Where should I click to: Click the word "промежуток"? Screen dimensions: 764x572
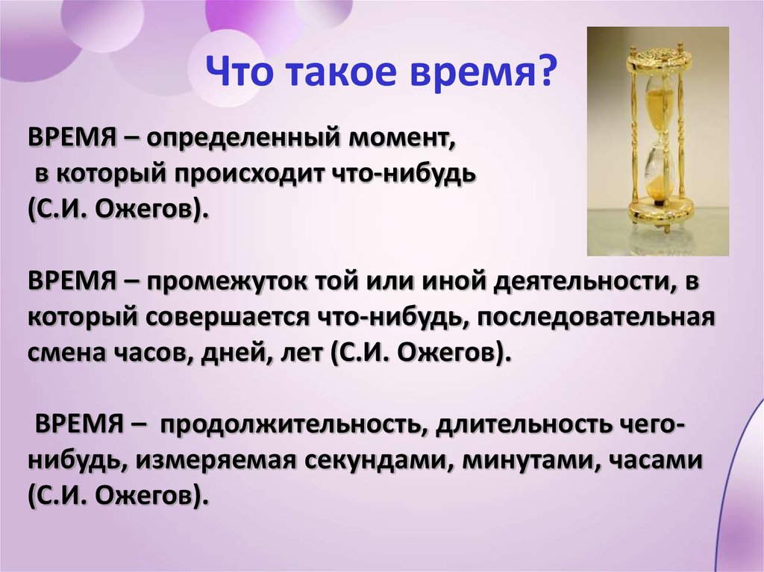coord(226,283)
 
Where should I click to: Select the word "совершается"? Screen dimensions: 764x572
coord(227,318)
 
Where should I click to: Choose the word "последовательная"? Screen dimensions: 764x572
coord(595,318)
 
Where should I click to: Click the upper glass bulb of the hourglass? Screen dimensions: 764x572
coord(657,104)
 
